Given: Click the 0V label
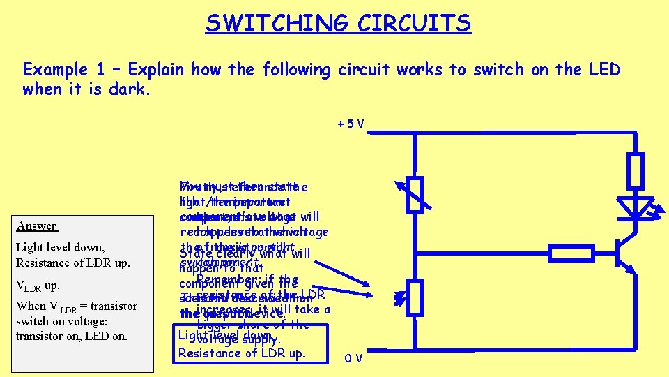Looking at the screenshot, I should click(x=354, y=358).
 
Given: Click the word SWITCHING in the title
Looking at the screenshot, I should click(x=278, y=23).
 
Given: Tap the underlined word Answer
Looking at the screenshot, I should click(x=37, y=226).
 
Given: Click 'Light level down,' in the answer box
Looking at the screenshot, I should click(x=60, y=247).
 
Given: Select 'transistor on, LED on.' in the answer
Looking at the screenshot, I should click(x=72, y=336).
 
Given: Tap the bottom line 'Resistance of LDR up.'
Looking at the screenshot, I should click(x=241, y=353).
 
